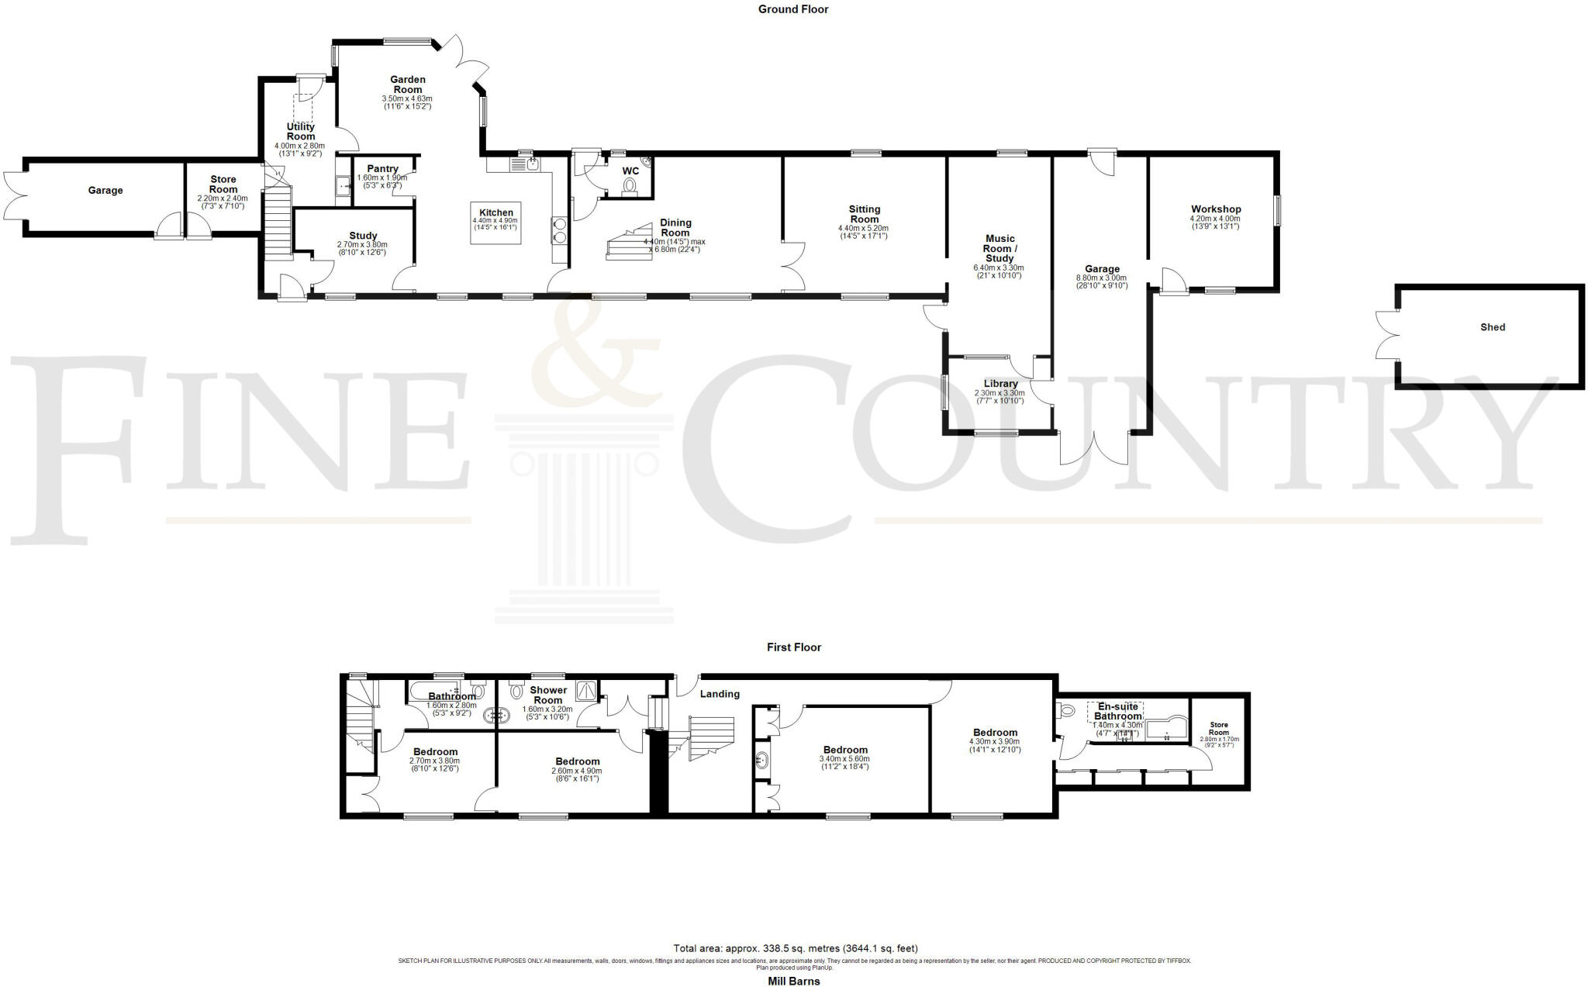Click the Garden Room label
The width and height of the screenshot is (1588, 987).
[407, 85]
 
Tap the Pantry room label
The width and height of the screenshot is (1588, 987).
[382, 169]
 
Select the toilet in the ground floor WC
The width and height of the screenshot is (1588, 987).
[629, 186]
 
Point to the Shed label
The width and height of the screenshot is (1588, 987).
[1492, 327]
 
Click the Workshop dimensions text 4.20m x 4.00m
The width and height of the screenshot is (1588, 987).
[1215, 219]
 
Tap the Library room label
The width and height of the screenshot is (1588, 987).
[1000, 384]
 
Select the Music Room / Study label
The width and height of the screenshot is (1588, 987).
[999, 248]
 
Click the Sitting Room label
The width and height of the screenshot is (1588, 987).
[864, 214]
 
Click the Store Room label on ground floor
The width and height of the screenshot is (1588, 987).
[223, 185]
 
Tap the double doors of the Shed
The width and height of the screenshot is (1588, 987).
[1386, 335]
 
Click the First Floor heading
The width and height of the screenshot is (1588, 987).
[793, 647]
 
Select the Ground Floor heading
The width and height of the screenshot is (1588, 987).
[792, 9]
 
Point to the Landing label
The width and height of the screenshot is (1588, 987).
[720, 694]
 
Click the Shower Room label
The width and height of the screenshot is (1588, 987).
[548, 695]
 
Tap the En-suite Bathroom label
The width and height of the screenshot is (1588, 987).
[1116, 711]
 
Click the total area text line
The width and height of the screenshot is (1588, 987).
[795, 948]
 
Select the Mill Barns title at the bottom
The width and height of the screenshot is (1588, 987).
[793, 981]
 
